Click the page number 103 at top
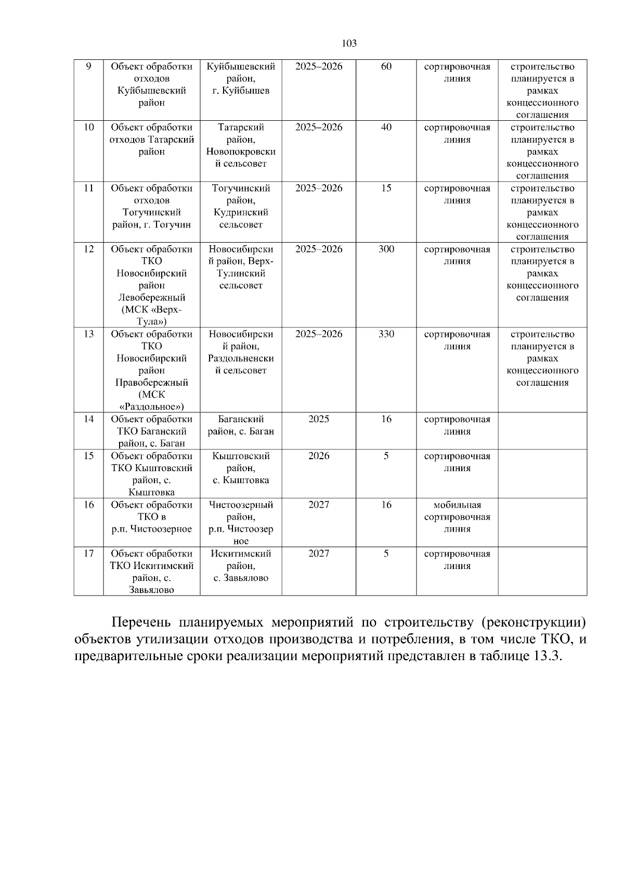[x=349, y=43]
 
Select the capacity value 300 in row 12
[x=386, y=249]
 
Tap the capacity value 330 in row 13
[x=386, y=334]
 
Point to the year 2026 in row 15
[x=319, y=456]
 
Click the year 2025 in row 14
[x=319, y=420]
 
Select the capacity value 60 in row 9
[x=386, y=67]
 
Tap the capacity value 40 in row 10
[x=386, y=128]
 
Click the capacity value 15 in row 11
[x=386, y=188]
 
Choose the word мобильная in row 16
[x=457, y=505]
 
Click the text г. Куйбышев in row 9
[x=241, y=91]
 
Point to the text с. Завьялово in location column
[x=241, y=578]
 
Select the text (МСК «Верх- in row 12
[x=151, y=310]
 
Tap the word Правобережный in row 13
[x=151, y=383]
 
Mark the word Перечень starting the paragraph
[x=139, y=623]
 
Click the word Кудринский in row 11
[x=241, y=212]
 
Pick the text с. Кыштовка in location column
[x=241, y=481]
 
